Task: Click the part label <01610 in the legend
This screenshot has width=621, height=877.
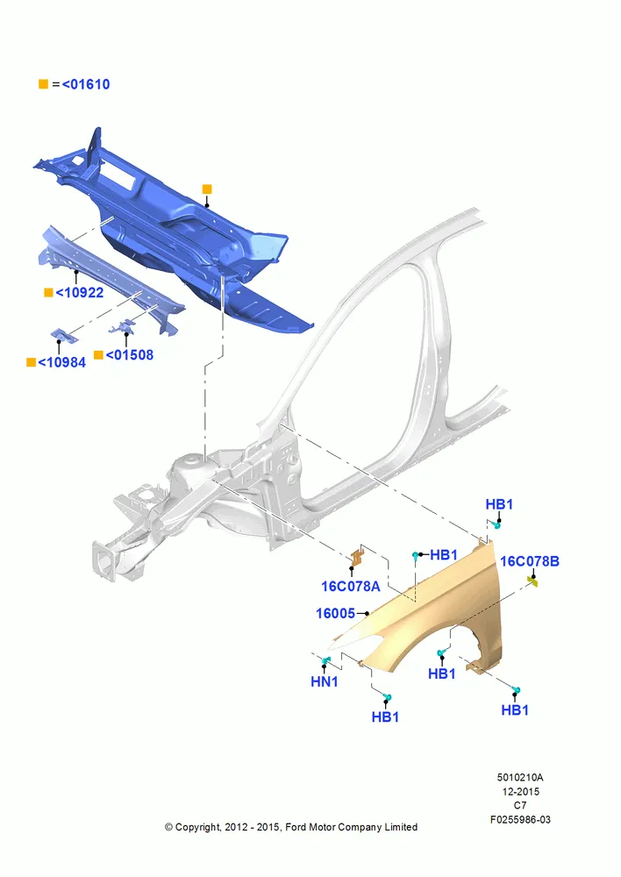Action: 86,84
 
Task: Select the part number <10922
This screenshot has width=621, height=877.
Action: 80,293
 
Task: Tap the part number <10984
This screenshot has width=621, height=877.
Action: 61,362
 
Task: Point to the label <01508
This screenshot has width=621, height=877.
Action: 129,354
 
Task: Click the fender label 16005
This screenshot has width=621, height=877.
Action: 335,614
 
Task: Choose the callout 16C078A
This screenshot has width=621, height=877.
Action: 350,586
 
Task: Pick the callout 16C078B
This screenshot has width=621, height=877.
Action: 529,561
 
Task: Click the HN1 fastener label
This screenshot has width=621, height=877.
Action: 325,681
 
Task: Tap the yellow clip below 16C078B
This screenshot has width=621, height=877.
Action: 532,583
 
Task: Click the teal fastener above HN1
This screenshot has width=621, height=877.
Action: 325,661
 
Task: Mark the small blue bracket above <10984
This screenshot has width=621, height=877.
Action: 63,336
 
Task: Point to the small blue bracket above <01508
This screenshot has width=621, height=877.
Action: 123,326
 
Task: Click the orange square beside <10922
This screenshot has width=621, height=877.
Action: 48,293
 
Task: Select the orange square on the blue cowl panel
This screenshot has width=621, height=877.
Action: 207,189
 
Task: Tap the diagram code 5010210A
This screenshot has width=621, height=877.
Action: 520,777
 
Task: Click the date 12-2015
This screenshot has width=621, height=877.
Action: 520,791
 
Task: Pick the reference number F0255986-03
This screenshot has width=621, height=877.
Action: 520,819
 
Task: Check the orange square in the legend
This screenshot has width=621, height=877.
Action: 44,84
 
